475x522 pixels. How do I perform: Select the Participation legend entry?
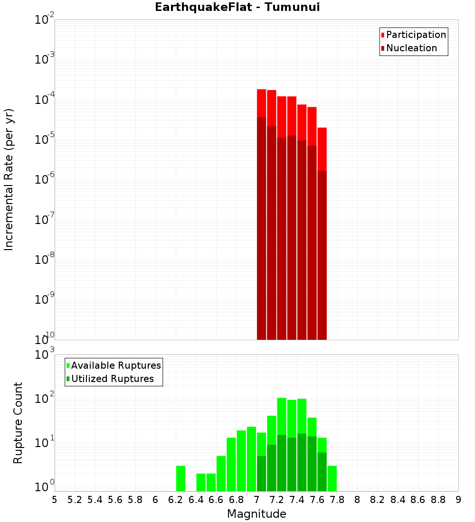pos(416,35)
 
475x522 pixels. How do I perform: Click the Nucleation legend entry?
pos(411,48)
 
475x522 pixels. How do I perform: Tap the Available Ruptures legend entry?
pos(115,366)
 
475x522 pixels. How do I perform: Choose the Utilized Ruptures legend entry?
pos(112,379)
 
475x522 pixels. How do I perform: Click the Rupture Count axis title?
pos(18,423)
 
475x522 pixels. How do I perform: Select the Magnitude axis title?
pos(256,514)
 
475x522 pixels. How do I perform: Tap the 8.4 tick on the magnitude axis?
pos(398,500)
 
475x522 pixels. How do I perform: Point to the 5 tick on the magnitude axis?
pos(55,500)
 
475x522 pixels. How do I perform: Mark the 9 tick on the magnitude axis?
pos(458,500)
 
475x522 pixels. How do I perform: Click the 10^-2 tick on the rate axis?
pos(45,20)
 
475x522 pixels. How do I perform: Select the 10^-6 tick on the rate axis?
pos(45,180)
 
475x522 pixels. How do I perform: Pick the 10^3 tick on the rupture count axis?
pos(45,355)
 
